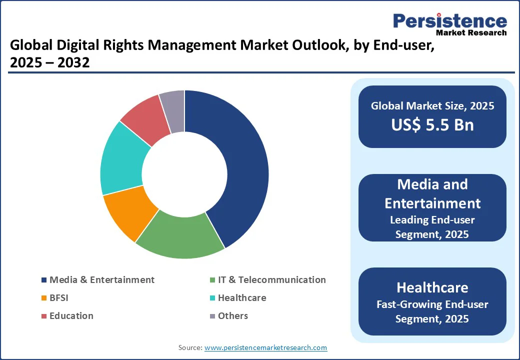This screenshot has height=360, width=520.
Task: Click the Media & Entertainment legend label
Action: [x=102, y=280]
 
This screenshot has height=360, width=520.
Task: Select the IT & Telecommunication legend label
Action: [x=271, y=280]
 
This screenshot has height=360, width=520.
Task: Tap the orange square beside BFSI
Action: [x=44, y=298]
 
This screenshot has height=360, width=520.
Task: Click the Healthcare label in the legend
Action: [x=242, y=298]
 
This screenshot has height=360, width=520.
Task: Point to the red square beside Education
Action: [x=44, y=316]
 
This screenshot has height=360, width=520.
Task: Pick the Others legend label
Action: [x=232, y=316]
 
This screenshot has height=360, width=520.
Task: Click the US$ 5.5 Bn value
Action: [x=432, y=124]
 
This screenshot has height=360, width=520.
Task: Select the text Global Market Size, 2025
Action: [x=432, y=106]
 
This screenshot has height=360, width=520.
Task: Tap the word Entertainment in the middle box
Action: [x=432, y=203]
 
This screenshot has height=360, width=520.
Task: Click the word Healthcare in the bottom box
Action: [x=432, y=287]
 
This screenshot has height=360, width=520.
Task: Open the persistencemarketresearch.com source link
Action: [x=265, y=347]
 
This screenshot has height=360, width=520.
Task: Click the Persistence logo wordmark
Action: [x=450, y=21]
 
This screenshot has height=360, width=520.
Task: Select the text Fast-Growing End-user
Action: [x=432, y=304]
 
